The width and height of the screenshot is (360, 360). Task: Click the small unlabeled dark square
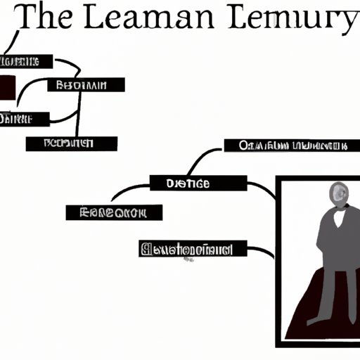[8, 88]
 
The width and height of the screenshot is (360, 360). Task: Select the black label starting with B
[86, 85]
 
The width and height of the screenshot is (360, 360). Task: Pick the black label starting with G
[193, 248]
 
